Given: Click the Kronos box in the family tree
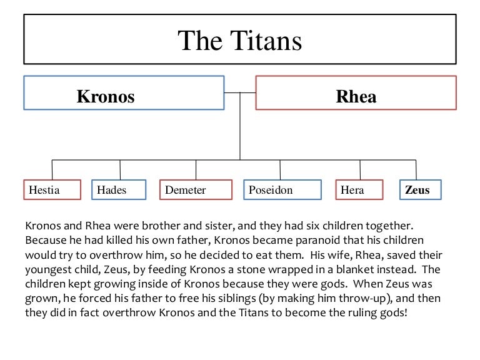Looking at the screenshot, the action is click(124, 92).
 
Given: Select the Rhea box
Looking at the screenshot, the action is click(356, 92).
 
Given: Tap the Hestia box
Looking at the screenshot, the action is click(52, 190).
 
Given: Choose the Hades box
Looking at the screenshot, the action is click(119, 190).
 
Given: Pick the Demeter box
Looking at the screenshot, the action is click(196, 190).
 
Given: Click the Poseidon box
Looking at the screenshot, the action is click(282, 190).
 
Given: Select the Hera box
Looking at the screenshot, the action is click(359, 190).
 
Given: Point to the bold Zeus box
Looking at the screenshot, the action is click(421, 190).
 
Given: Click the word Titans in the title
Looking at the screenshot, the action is click(266, 41).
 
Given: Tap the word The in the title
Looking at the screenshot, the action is click(200, 41).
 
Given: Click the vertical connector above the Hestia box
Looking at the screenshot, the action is click(52, 169).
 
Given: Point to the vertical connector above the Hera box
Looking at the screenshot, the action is click(360, 169).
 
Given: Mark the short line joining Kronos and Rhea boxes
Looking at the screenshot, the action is click(240, 92).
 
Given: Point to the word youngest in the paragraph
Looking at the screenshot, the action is click(49, 270).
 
